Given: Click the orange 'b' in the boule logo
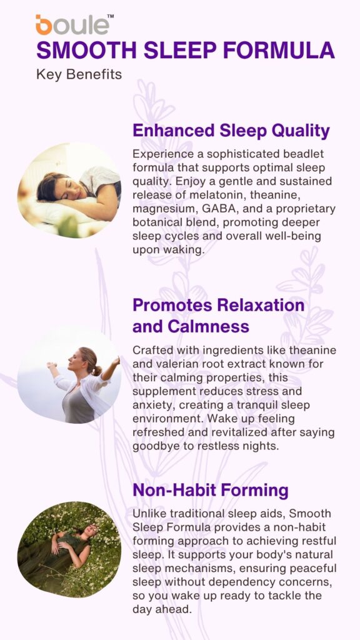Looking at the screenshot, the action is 44,24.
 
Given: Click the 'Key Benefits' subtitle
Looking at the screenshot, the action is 79,75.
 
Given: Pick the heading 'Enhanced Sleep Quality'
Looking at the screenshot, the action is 231,131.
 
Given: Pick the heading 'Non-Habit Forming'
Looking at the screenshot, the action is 211,491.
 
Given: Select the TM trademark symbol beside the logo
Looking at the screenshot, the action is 110,17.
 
